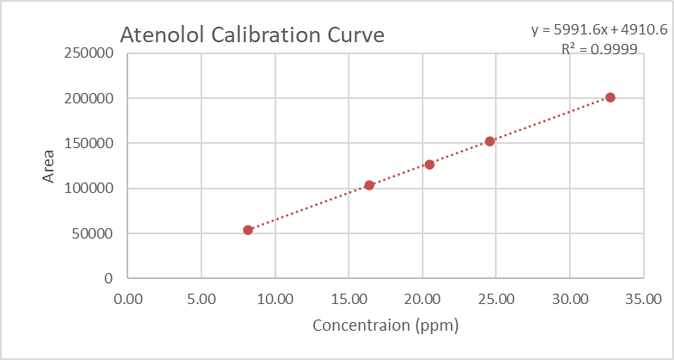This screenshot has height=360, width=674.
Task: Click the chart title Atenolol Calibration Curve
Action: coord(251,35)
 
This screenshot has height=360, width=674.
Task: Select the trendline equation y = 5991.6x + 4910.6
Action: coord(599,30)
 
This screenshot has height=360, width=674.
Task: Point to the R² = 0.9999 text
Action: coord(599,49)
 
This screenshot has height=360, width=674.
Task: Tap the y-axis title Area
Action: coord(49,165)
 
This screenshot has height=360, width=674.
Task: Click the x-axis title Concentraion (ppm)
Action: coord(385,326)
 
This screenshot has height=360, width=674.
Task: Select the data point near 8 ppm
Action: coord(248,230)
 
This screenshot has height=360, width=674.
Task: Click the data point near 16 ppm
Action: coord(369,185)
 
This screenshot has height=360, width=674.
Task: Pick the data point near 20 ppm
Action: coord(430,164)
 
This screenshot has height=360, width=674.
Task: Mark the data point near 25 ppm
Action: coord(490,141)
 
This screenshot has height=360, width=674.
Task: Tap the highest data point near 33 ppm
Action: coord(610,97)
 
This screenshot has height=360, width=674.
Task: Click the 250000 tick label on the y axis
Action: coord(89,53)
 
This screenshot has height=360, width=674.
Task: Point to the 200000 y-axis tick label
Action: coord(89,98)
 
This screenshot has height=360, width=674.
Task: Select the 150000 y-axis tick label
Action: coord(89,143)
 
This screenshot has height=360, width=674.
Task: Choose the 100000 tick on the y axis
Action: coord(89,189)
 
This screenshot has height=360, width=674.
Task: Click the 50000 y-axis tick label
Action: coord(93,233)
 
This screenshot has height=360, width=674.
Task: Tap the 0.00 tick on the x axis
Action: coord(127,300)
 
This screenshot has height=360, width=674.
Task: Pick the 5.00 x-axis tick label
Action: coord(201,300)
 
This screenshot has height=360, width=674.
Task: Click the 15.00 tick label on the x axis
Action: coord(348,300)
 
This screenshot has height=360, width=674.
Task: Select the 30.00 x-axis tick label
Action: coord(569,300)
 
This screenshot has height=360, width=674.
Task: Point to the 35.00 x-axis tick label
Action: coord(642,300)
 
